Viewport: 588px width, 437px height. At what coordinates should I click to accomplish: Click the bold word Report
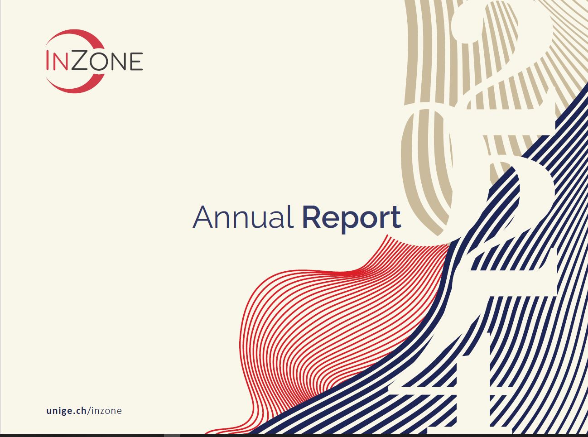pyautogui.click(x=351, y=218)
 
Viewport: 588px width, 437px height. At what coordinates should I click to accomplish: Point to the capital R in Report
pyautogui.click(x=311, y=217)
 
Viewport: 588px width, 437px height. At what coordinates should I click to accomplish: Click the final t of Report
pyautogui.click(x=395, y=218)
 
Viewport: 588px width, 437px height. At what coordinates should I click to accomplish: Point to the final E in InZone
pyautogui.click(x=136, y=62)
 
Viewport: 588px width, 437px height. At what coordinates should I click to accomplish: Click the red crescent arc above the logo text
pyautogui.click(x=75, y=35)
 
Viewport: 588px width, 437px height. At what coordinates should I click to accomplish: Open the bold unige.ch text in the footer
pyautogui.click(x=67, y=411)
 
